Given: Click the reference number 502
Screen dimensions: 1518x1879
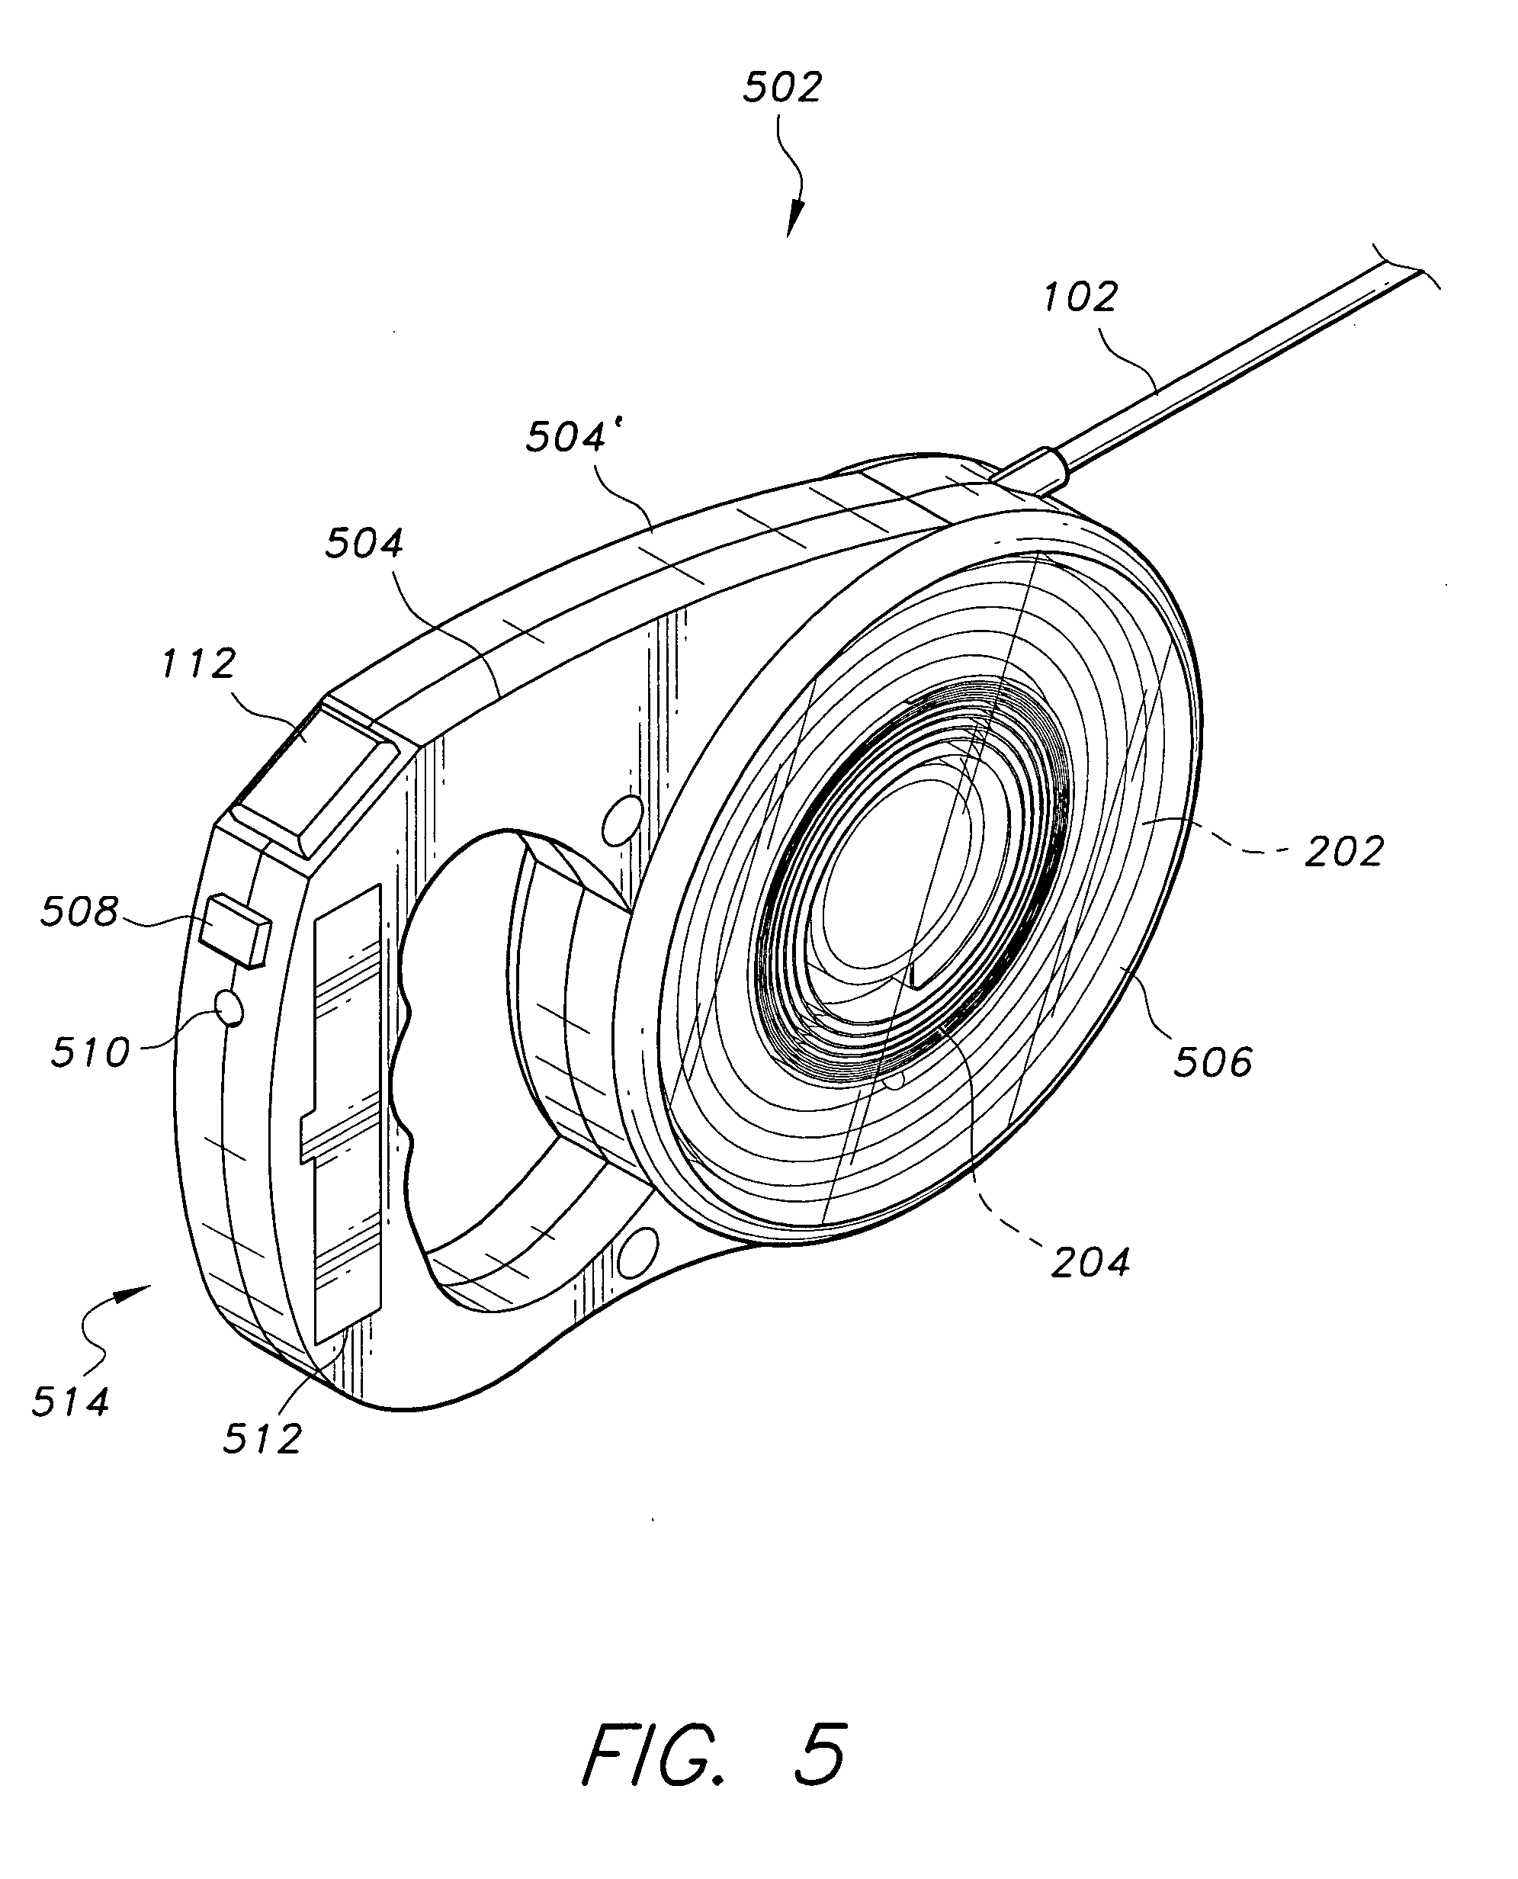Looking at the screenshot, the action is point(782,88).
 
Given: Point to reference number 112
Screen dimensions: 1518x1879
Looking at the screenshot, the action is point(198,663).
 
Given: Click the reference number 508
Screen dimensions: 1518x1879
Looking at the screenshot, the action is point(79,912).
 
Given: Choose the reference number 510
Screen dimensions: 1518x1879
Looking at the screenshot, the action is point(90,1052).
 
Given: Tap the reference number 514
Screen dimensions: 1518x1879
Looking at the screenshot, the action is point(71,1402).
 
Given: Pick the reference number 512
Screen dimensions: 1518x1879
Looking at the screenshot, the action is point(262,1438).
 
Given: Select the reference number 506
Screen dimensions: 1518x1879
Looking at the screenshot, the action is point(1213,1062).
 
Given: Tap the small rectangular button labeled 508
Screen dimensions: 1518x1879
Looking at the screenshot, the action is point(234,930).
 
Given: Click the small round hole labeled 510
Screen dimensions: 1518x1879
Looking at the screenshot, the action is point(230,1008).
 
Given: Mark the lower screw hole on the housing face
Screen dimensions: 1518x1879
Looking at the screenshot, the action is point(639,1252).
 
